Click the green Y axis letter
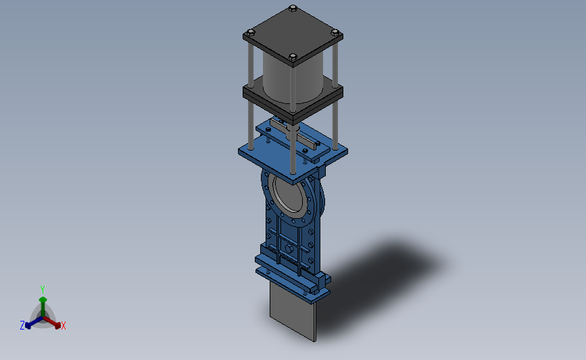pyautogui.click(x=42, y=290)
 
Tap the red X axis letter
pyautogui.click(x=64, y=326)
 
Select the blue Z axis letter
pyautogui.click(x=22, y=326)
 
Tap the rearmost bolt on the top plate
pyautogui.click(x=293, y=8)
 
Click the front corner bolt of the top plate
pyautogui.click(x=293, y=57)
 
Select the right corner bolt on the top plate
pyautogui.click(x=335, y=32)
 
